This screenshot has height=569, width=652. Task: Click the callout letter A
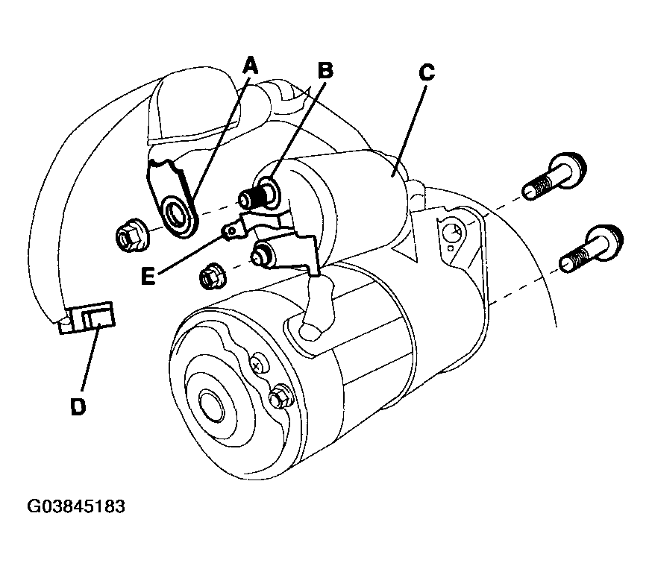[x=251, y=66]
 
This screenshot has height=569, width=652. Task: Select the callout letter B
[x=325, y=70]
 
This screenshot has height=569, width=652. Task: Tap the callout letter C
[x=427, y=72]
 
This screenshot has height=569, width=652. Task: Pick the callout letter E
[x=148, y=276]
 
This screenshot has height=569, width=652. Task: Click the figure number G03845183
[x=76, y=506]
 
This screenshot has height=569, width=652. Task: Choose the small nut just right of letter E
[x=213, y=277]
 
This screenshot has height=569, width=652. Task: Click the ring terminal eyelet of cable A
[x=179, y=215]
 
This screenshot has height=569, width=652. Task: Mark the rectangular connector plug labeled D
[x=87, y=318]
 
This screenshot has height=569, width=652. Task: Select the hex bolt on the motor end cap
[x=280, y=398]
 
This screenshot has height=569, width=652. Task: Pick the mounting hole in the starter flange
[x=452, y=233]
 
